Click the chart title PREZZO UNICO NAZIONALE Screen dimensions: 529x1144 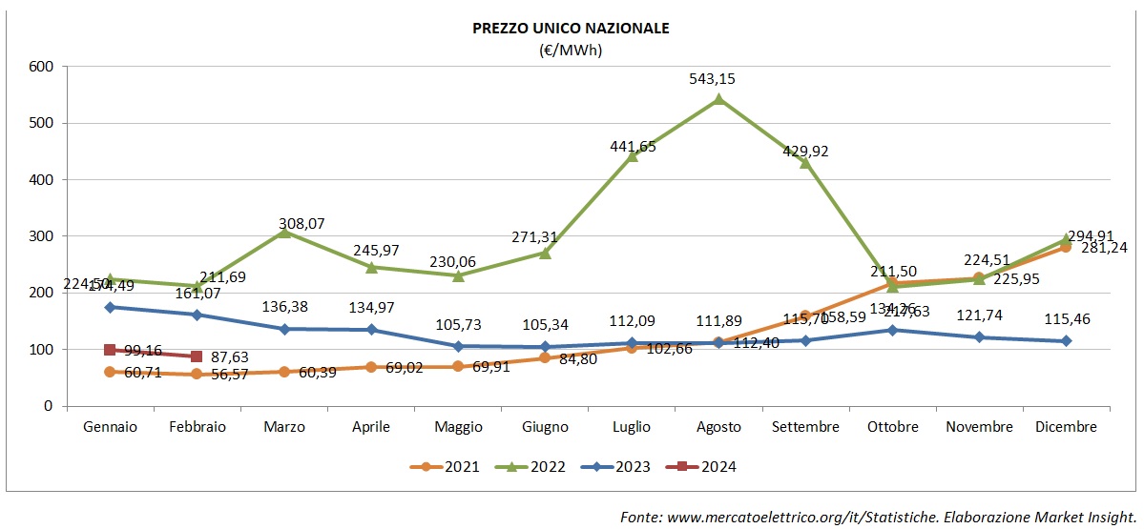pos(571,29)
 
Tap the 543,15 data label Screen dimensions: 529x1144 pos(718,79)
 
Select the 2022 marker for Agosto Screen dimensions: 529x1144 pos(718,98)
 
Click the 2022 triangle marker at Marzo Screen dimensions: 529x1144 pos(284,232)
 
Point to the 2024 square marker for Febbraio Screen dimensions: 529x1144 pos(197,356)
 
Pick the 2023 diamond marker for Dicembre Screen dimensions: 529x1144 pos(1066,340)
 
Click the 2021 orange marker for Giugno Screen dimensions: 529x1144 pos(545,357)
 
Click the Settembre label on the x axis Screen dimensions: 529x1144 pos(805,427)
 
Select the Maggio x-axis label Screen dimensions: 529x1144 pos(458,427)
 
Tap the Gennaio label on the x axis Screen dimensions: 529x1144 pos(110,427)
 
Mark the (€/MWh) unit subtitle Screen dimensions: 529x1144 pos(571,51)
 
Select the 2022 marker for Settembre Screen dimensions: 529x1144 pos(805,162)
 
